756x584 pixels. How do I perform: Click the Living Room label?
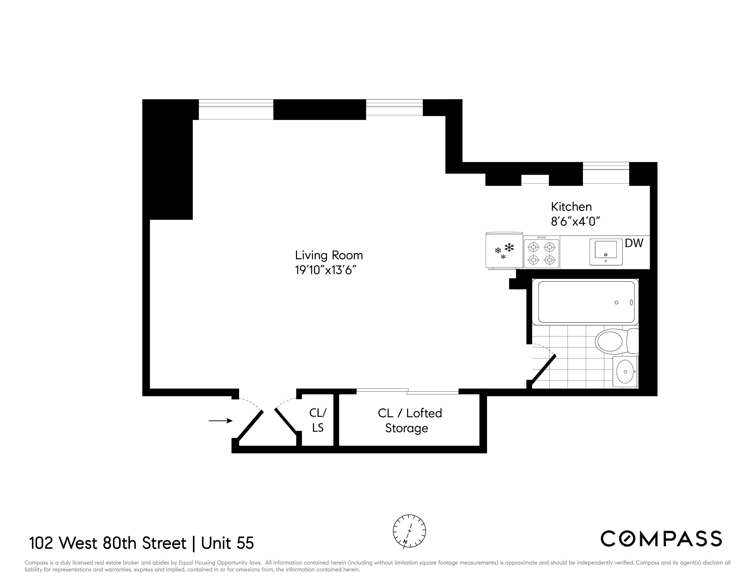(x=329, y=255)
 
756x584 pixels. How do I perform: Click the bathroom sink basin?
(x=625, y=371)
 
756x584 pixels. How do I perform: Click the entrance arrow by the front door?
(x=220, y=421)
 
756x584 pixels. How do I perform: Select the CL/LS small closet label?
(x=318, y=420)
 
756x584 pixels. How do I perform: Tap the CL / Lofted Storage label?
(x=410, y=420)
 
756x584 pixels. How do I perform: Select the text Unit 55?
(x=227, y=543)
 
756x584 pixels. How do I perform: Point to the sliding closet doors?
(x=407, y=391)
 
